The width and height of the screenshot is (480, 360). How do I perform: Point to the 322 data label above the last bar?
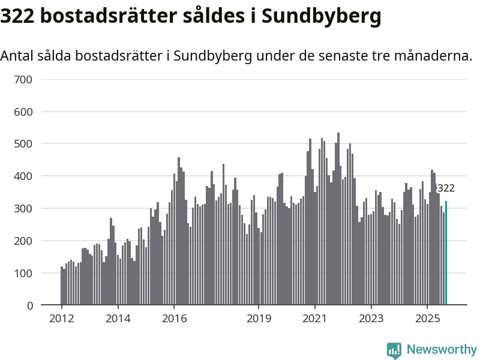[446, 188]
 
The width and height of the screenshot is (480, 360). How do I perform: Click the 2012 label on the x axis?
[62, 318]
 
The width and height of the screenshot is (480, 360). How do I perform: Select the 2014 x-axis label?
[118, 318]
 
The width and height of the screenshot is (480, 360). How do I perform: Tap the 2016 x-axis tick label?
[174, 318]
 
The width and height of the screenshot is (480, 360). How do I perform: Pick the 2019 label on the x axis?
[259, 318]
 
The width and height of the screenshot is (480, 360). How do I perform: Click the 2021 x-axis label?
[314, 318]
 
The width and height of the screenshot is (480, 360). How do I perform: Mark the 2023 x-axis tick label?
[371, 318]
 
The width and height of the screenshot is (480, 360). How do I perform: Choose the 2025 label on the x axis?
[427, 318]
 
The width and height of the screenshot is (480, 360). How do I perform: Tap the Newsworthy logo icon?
[394, 350]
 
